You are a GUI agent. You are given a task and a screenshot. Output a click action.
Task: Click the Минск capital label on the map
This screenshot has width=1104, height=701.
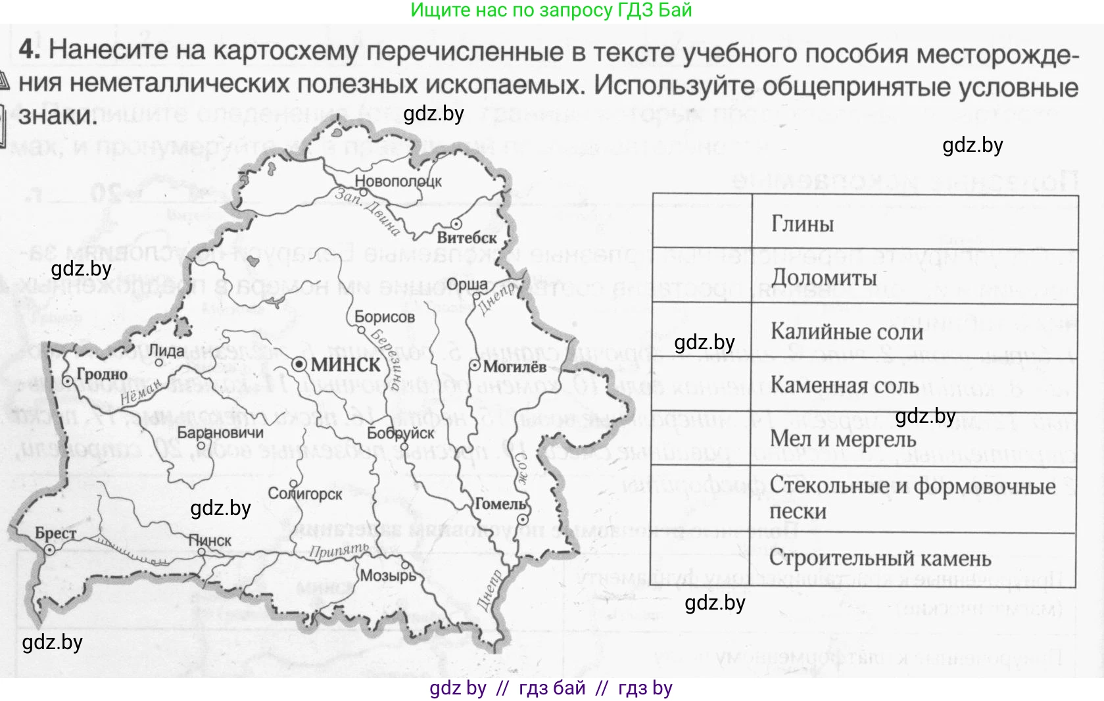tap(345, 366)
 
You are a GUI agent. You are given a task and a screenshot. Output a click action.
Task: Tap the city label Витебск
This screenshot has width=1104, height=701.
tap(467, 237)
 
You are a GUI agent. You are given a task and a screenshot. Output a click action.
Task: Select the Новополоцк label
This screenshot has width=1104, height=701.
tap(398, 181)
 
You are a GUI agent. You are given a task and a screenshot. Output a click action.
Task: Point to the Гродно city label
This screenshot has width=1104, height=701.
tap(102, 375)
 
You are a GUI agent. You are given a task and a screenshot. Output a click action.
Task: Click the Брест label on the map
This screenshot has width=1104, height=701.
tap(56, 533)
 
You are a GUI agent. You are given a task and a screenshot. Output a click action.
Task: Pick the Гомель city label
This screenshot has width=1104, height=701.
tap(500, 504)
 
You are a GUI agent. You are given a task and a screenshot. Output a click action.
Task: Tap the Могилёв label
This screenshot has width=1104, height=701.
tap(514, 367)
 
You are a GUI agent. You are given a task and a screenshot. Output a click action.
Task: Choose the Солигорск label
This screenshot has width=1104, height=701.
tap(305, 494)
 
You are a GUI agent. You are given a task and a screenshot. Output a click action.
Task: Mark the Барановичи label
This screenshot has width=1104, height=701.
tap(220, 433)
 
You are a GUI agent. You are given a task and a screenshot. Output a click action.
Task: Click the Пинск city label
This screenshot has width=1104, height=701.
tap(210, 541)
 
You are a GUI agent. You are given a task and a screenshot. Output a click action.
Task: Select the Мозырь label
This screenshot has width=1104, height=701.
tap(388, 575)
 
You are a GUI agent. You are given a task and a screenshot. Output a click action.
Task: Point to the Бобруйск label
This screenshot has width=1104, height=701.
tap(400, 433)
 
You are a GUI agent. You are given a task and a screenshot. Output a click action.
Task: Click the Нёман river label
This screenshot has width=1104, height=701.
tap(141, 394)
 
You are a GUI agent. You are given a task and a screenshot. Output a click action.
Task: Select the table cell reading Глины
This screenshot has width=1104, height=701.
tap(802, 224)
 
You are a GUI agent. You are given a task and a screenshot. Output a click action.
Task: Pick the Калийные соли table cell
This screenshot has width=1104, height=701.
tap(846, 331)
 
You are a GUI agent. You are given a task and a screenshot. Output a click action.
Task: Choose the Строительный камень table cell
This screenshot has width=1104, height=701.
tap(880, 558)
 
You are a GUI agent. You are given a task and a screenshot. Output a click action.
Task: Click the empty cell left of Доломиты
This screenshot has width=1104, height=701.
tap(702, 276)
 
